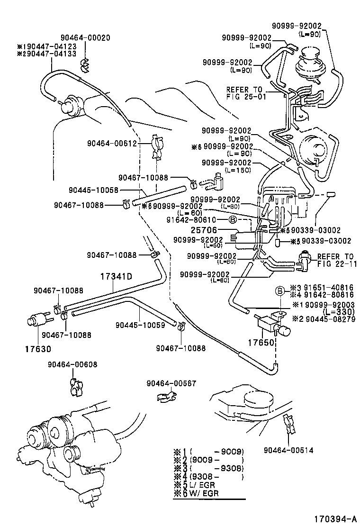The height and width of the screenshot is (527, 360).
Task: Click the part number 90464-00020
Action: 85,38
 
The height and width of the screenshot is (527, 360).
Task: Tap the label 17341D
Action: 116,276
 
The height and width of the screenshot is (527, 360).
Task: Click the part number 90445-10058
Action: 93,190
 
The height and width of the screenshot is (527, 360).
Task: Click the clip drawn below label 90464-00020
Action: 85,65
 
